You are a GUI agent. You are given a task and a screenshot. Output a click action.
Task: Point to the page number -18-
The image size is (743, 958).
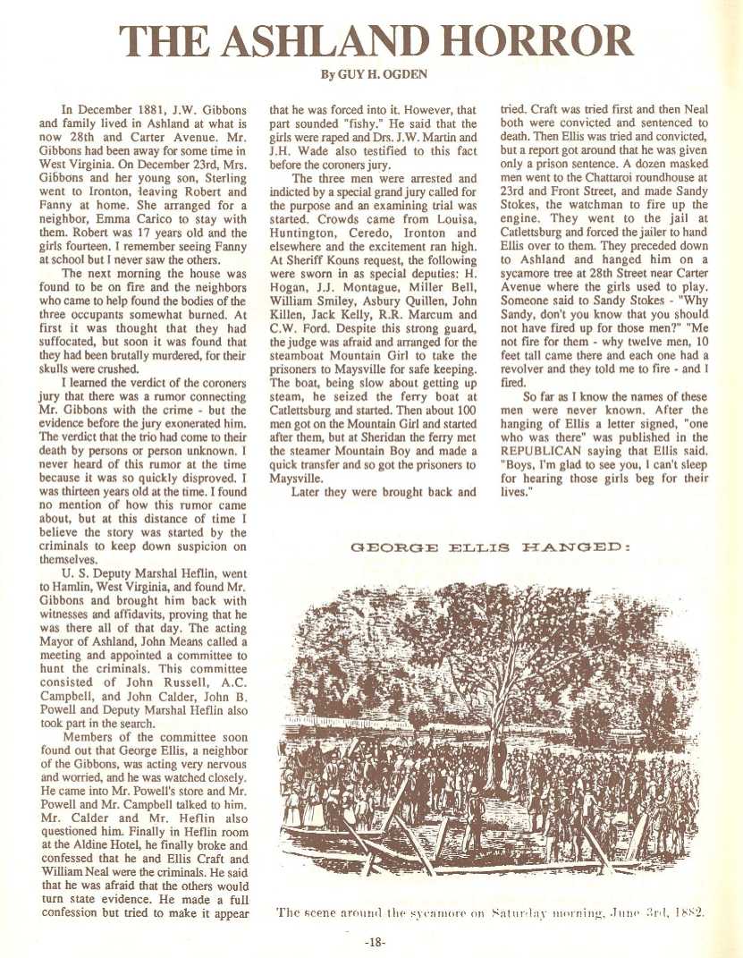(376, 941)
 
